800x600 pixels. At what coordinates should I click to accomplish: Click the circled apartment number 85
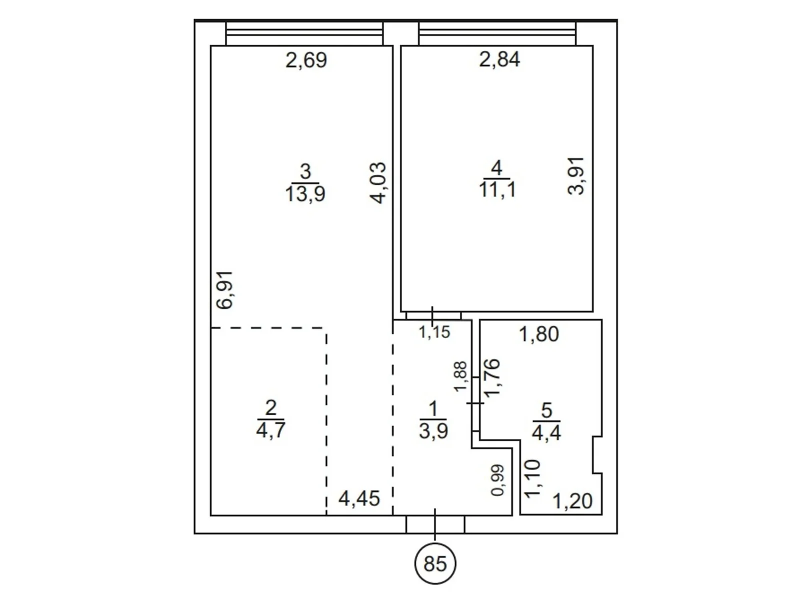435,563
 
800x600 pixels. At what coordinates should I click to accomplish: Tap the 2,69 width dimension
306,60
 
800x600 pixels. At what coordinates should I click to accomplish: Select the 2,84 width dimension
499,59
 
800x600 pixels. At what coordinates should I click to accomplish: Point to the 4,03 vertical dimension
377,182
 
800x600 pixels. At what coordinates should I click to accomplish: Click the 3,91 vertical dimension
576,176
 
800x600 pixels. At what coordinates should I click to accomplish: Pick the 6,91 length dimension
224,290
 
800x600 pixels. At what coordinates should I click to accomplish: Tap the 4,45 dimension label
359,498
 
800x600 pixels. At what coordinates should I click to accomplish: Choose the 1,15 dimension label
434,332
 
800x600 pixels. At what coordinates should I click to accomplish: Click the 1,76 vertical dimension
491,377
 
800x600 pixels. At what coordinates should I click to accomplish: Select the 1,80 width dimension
538,334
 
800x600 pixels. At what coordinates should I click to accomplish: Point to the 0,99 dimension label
498,480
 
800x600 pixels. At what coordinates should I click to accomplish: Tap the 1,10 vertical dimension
532,478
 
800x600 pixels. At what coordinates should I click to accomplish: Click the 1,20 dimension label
572,501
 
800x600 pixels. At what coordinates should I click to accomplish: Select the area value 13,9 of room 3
305,193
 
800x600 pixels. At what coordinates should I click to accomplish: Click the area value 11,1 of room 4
497,190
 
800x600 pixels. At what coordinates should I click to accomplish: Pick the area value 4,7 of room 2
270,430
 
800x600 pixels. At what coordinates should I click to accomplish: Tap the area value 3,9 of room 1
433,431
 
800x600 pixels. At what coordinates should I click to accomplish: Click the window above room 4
497,33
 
